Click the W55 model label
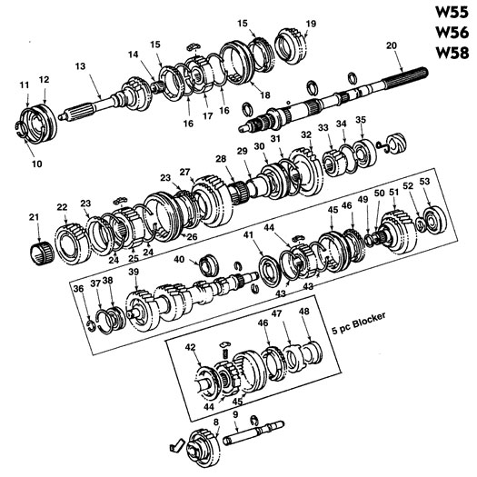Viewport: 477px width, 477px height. tap(452, 13)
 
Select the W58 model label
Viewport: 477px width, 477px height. tap(452, 53)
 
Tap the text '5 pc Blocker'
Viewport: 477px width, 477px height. tap(359, 323)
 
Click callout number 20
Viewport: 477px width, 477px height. tap(392, 45)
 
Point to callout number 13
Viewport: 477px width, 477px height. tap(80, 66)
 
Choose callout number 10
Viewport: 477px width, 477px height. tap(37, 164)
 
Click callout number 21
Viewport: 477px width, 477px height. tap(35, 217)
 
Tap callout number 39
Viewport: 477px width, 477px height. tap(134, 272)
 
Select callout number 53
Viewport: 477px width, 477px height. tap(424, 182)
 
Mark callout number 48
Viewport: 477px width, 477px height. tap(303, 311)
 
